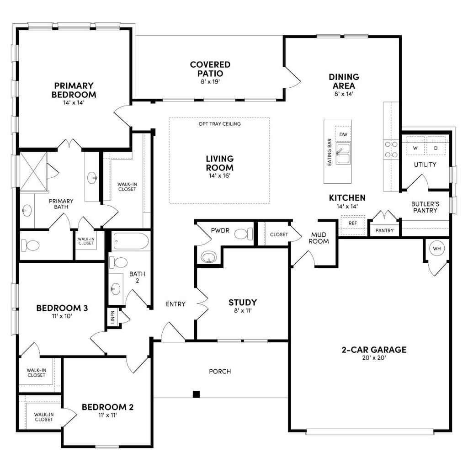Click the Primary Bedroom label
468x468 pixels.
point(74,90)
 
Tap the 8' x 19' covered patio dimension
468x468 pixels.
point(210,82)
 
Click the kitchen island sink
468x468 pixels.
point(343,154)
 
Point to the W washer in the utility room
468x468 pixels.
point(415,148)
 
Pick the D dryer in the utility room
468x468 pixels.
point(435,148)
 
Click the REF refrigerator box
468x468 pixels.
point(352,223)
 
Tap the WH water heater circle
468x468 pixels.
point(436,249)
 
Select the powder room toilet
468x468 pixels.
point(243,234)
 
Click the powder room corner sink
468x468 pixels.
point(208,257)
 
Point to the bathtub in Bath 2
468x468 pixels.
point(131,241)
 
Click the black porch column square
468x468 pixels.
point(196,394)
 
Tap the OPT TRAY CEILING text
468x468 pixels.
point(219,124)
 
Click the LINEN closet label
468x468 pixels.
point(113,318)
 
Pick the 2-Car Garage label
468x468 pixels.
point(374,350)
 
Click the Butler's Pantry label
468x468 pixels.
point(424,207)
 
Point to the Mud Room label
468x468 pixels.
point(319,238)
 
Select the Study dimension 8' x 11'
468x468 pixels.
point(242,311)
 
